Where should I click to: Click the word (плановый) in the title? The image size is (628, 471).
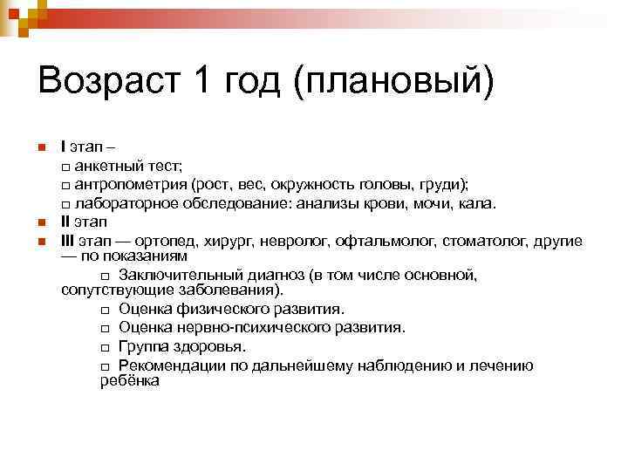coord(394,85)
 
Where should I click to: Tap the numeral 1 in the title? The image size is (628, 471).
coord(200,83)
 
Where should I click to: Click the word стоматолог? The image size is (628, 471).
coord(481,240)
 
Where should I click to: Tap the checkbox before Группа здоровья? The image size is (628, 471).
coord(106,347)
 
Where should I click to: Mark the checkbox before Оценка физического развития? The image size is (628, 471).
coord(106,311)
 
